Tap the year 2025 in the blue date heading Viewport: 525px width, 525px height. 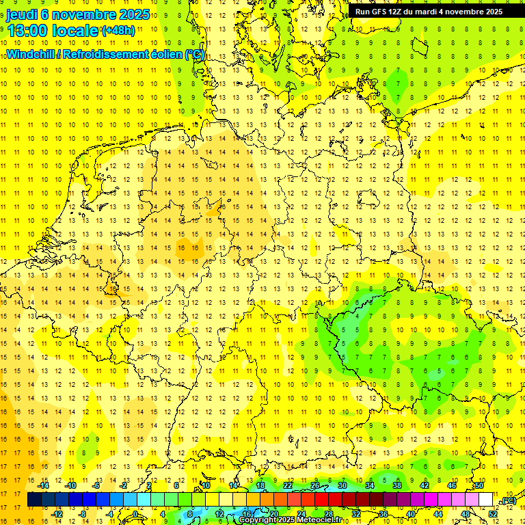coord(133,14)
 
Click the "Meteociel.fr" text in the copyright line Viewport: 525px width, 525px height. coord(317,520)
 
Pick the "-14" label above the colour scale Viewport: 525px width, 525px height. coord(46,485)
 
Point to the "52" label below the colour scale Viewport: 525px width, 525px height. coord(493,514)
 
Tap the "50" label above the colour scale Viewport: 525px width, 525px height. coord(479,485)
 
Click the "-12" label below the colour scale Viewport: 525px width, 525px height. coord(58,514)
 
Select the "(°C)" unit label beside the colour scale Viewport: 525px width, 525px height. coord(509,500)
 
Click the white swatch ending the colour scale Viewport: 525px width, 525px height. coord(485,500)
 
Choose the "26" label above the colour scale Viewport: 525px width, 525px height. coord(315,485)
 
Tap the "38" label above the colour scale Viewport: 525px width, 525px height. coord(397,485)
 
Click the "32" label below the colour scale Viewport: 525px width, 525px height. coord(356,514)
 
